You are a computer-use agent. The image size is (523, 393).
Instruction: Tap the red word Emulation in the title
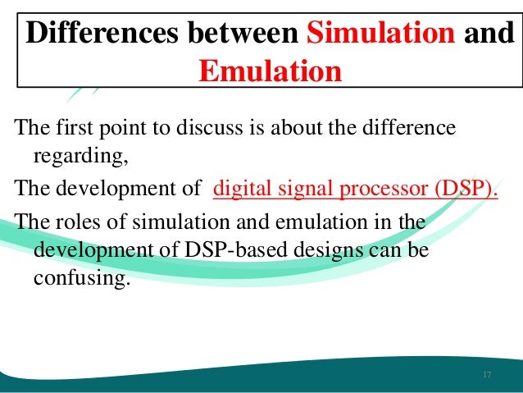pyautogui.click(x=270, y=71)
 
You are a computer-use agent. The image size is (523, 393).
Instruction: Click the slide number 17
pyautogui.click(x=487, y=375)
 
